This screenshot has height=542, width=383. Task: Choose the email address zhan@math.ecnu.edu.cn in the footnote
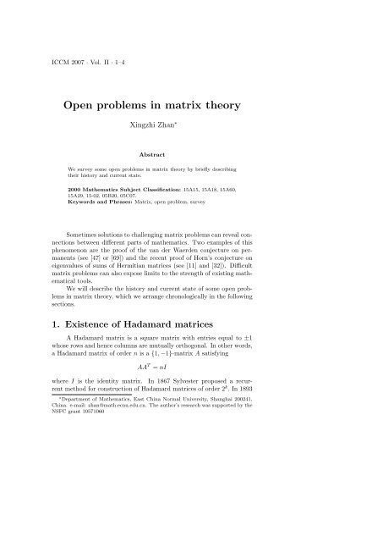pyautogui.click(x=146, y=501)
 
